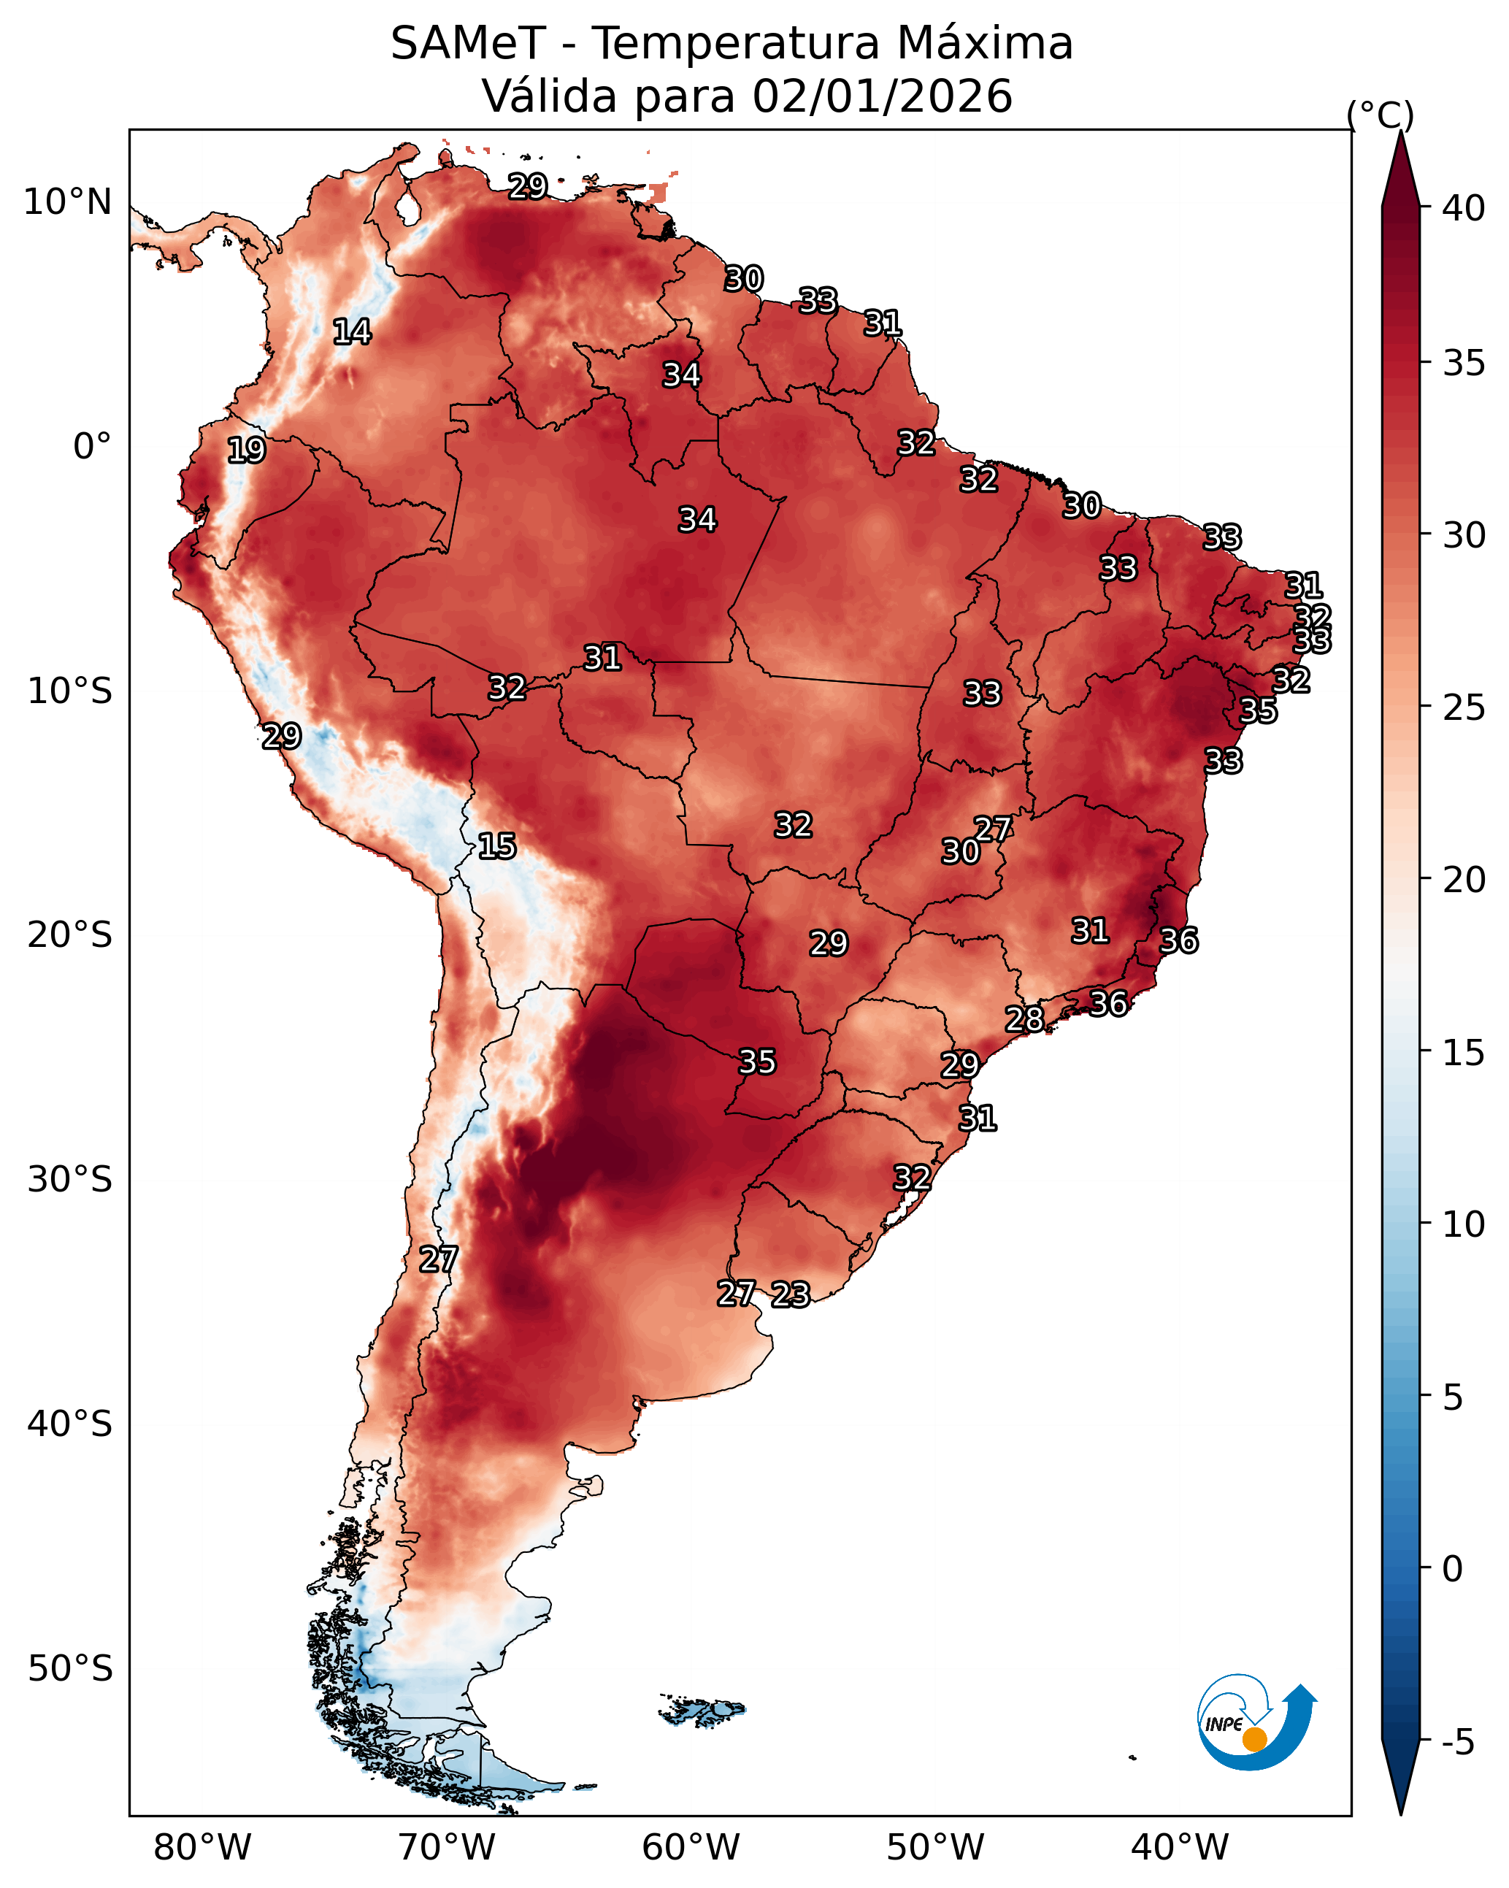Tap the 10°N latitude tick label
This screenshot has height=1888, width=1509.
67,202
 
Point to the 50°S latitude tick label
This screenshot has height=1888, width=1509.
70,1669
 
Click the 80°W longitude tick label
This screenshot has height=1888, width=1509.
202,1848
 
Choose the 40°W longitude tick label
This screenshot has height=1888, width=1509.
1180,1848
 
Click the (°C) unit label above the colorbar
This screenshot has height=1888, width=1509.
1381,115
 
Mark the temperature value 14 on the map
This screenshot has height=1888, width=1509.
352,332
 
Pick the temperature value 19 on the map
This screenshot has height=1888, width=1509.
246,450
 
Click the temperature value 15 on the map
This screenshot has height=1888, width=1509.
496,846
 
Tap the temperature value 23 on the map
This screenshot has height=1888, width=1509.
790,1294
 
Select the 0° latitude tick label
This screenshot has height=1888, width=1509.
92,447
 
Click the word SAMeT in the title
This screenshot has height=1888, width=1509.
468,43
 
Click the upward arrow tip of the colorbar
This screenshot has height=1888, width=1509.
1400,131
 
